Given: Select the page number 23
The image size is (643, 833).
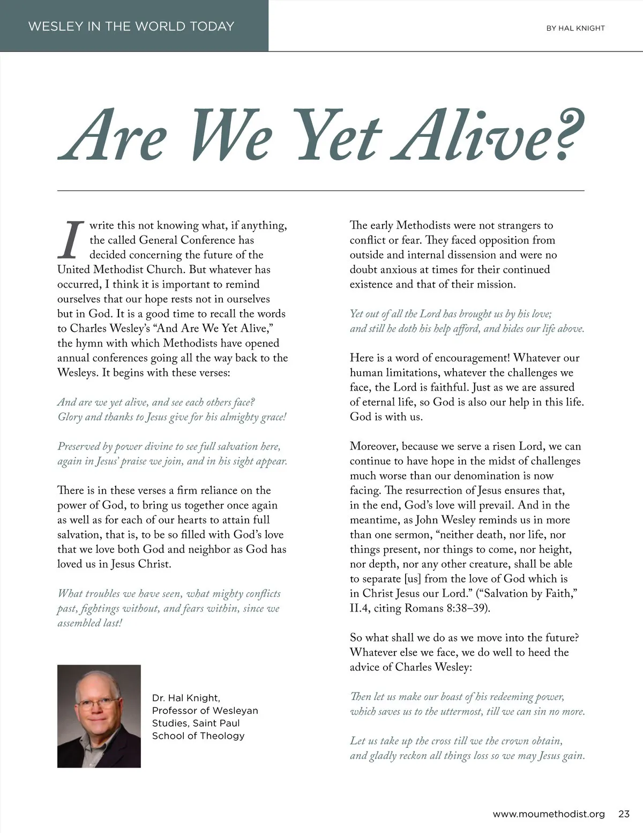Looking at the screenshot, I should [624, 814].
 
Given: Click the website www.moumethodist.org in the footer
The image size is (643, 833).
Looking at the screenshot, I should [548, 814].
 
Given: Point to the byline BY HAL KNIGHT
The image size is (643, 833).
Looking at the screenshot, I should [575, 28].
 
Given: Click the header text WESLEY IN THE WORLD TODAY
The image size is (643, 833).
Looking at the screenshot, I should [131, 26].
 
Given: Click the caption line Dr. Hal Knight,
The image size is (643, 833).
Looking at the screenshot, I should [185, 698].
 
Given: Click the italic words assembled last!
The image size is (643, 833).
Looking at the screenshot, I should [90, 623].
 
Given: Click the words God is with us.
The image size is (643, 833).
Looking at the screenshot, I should [386, 417].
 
